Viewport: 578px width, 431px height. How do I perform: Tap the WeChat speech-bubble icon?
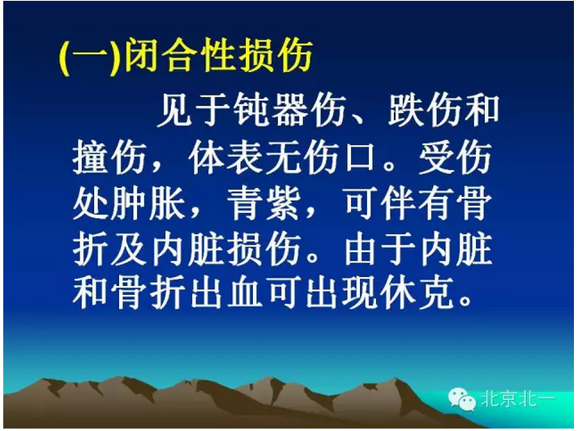tap(463, 399)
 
